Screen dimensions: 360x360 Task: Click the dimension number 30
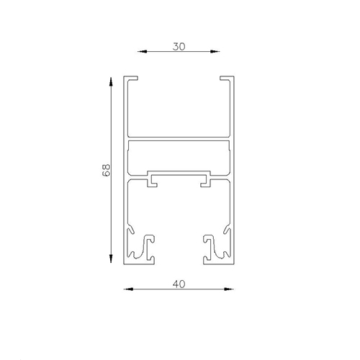(x=179, y=45)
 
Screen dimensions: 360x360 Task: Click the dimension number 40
(x=179, y=283)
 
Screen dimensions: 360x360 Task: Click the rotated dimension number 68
(x=104, y=171)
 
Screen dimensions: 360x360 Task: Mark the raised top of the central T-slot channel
(x=179, y=174)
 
